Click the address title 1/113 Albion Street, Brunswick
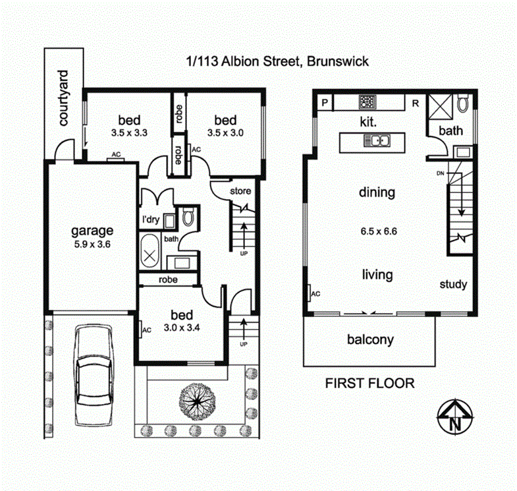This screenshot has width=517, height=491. click(276, 61)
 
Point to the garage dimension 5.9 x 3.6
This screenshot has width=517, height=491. click(92, 243)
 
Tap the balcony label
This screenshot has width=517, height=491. click(369, 340)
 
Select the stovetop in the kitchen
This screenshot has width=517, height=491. click(367, 103)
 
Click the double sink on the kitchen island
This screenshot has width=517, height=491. click(379, 140)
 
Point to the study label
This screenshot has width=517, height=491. click(453, 285)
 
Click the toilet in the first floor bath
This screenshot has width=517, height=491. click(463, 102)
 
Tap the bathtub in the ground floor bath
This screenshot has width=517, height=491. click(151, 251)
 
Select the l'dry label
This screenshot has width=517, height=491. click(150, 219)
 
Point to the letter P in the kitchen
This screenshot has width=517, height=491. click(325, 102)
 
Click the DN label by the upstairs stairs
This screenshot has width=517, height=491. click(440, 173)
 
